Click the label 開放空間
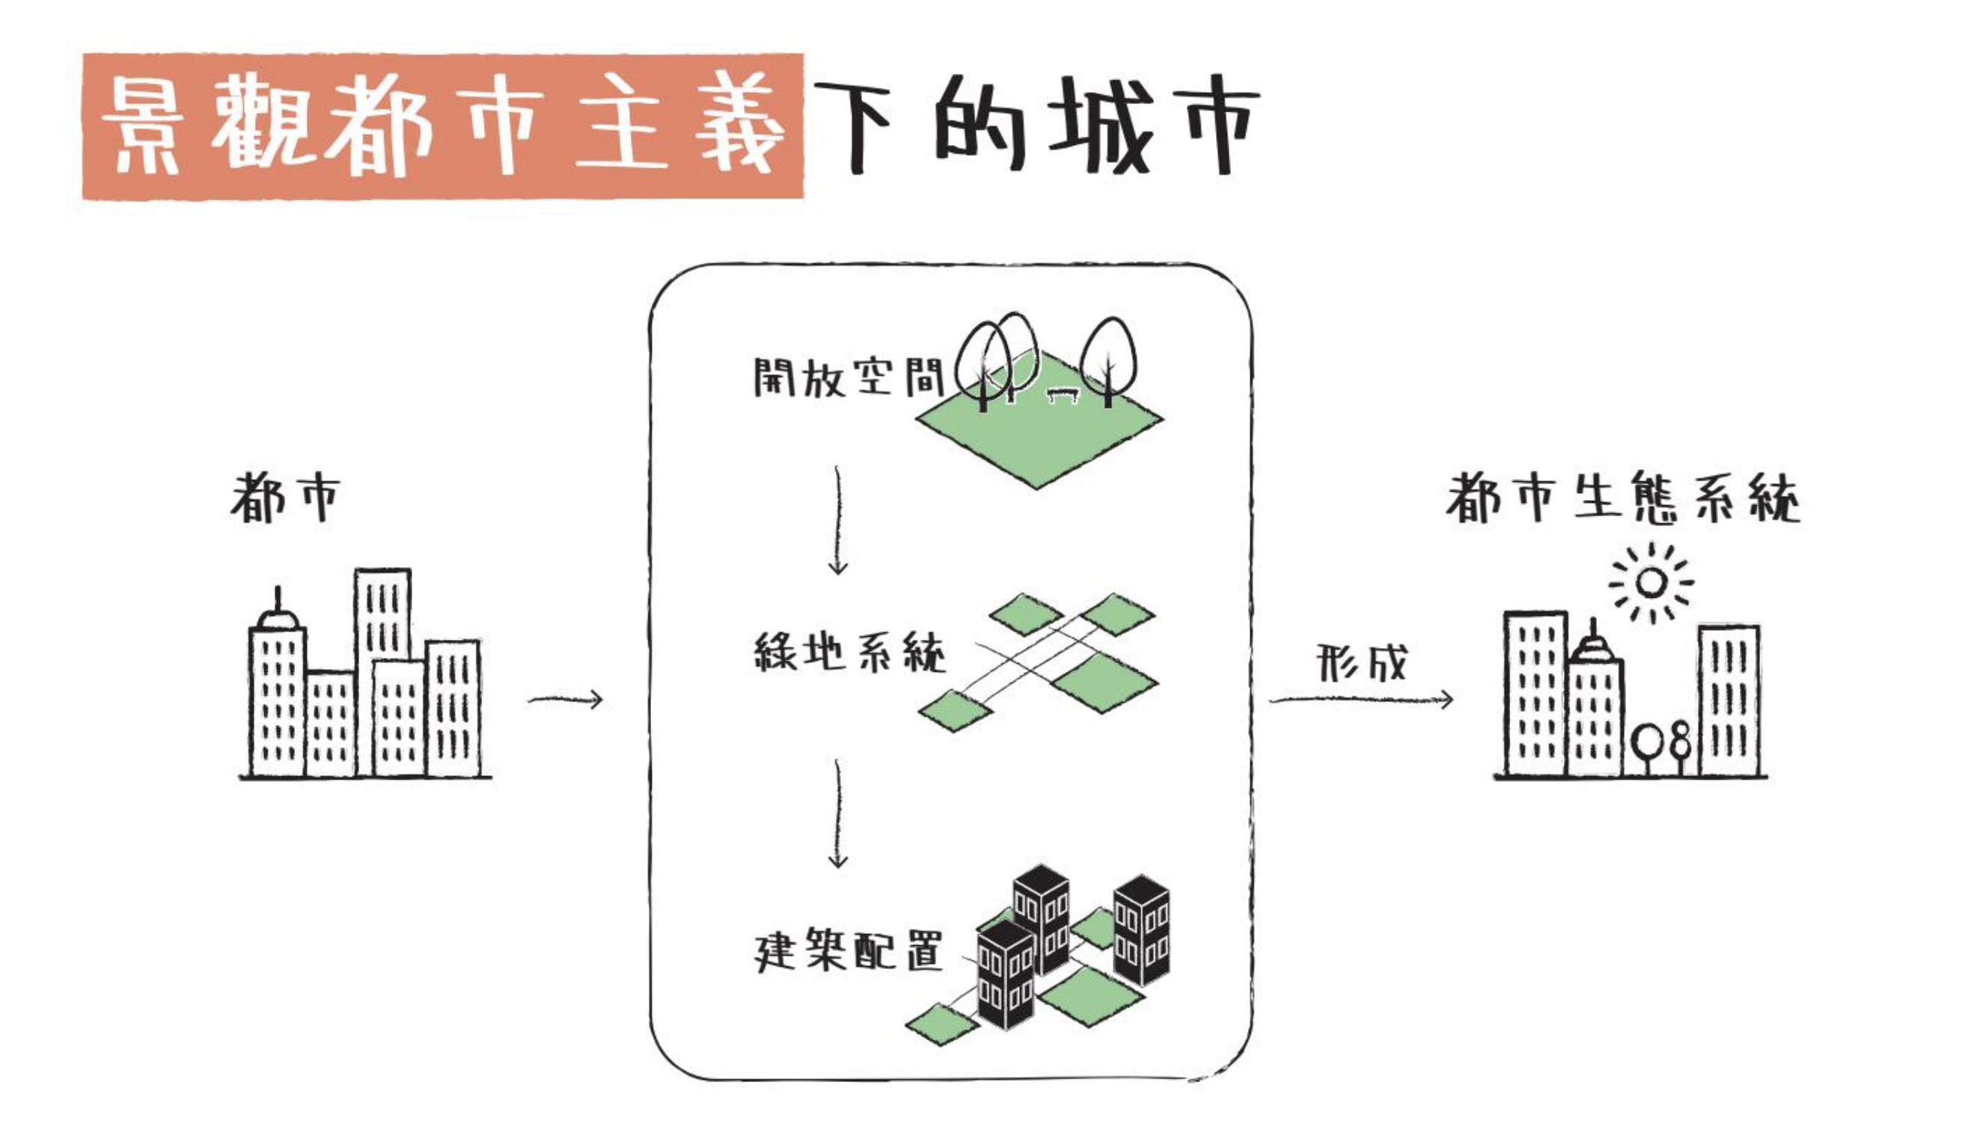(848, 377)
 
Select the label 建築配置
(848, 950)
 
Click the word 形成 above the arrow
(1360, 662)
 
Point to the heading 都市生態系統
(1622, 498)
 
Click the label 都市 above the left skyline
(285, 498)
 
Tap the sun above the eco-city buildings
(1650, 583)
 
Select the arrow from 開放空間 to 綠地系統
(837, 521)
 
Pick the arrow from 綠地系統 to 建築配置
(837, 814)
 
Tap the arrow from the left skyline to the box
(565, 700)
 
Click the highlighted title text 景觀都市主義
(442, 126)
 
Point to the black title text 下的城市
(1034, 126)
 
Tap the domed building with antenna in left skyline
(277, 694)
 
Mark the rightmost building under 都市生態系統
(1729, 699)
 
